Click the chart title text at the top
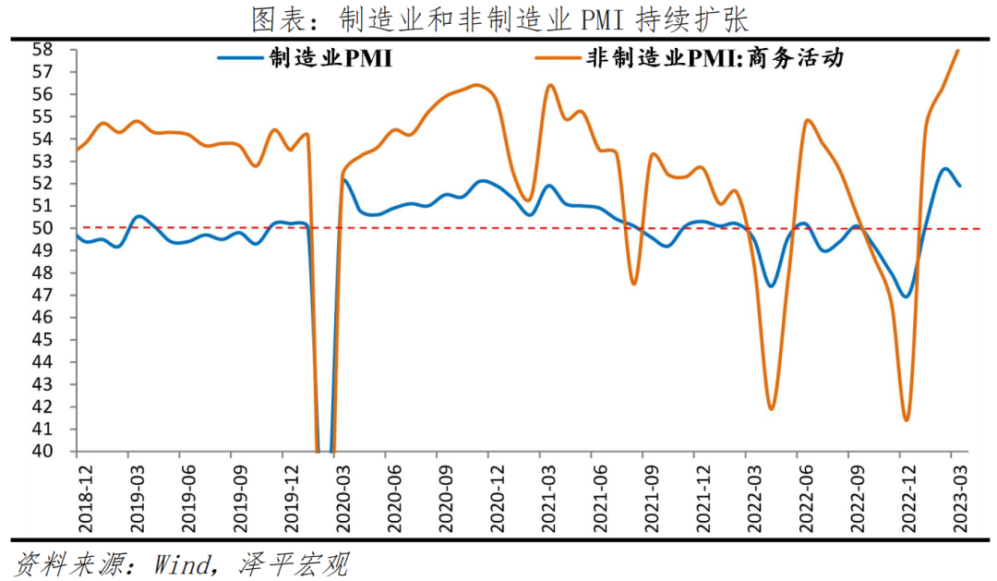click(x=498, y=18)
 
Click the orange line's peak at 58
click(x=958, y=51)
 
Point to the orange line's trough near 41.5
click(x=907, y=420)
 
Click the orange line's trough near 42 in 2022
click(x=771, y=408)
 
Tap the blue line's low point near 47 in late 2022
click(x=907, y=297)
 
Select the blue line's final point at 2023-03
click(x=959, y=186)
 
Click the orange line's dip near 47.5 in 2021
click(x=633, y=284)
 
